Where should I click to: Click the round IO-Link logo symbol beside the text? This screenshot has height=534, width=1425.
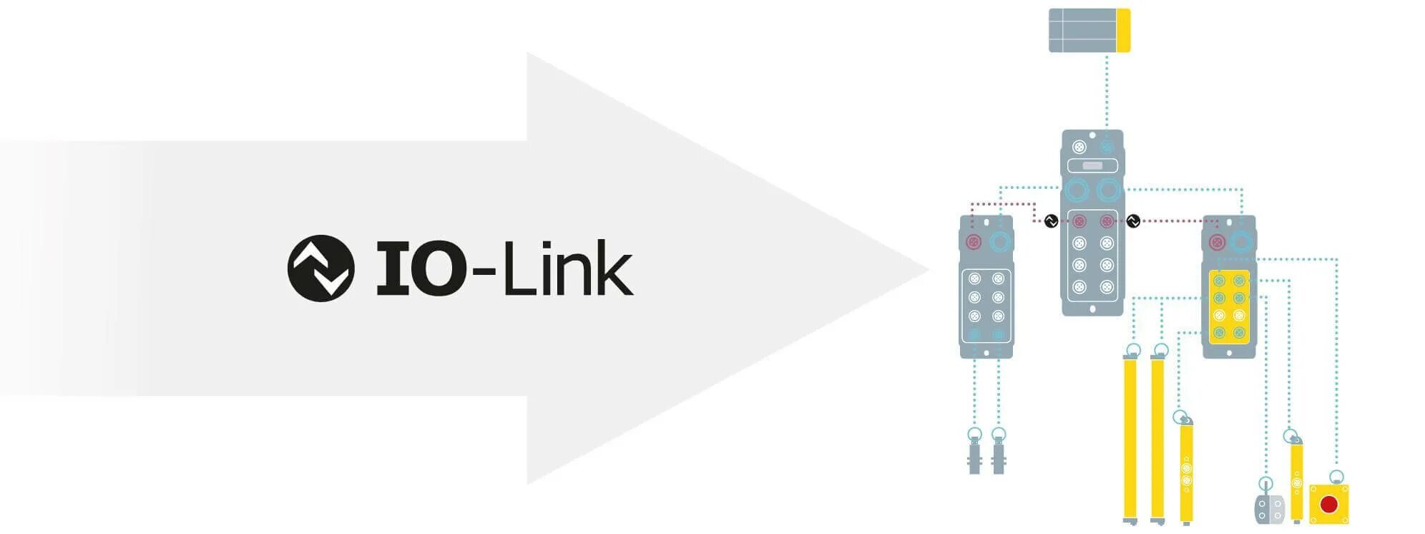[320, 268]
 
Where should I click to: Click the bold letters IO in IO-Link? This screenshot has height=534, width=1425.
[421, 268]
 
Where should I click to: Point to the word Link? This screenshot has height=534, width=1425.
[568, 268]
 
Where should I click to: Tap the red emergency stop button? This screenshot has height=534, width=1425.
[1328, 504]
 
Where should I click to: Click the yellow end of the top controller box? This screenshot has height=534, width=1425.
[1123, 30]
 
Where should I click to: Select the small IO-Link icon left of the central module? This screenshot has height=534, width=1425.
[1051, 221]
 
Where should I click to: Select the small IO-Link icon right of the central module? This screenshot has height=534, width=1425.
[1133, 221]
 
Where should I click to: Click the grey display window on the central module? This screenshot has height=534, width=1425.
[1092, 166]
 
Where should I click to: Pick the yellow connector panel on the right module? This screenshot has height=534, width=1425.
[1229, 306]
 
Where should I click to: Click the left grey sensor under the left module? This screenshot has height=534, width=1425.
[974, 455]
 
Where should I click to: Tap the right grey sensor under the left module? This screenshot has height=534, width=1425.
[999, 455]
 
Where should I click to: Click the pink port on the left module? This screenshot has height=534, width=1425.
[974, 241]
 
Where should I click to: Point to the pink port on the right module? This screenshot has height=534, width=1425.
[1217, 242]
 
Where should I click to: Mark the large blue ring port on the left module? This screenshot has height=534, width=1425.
[1000, 241]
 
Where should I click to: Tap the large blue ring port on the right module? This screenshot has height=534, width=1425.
[1243, 242]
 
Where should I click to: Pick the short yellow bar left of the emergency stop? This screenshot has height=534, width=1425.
[1296, 480]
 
